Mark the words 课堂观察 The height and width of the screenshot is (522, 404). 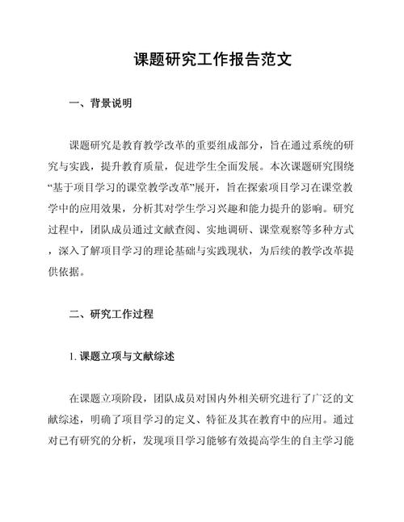pyautogui.click(x=279, y=229)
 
